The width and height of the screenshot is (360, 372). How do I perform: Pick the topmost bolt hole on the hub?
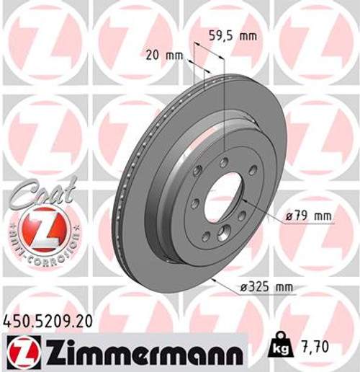tap(224, 162)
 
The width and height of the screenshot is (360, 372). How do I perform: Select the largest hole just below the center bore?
tap(222, 232)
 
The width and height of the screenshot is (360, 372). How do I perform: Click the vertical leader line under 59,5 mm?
tap(224, 108)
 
